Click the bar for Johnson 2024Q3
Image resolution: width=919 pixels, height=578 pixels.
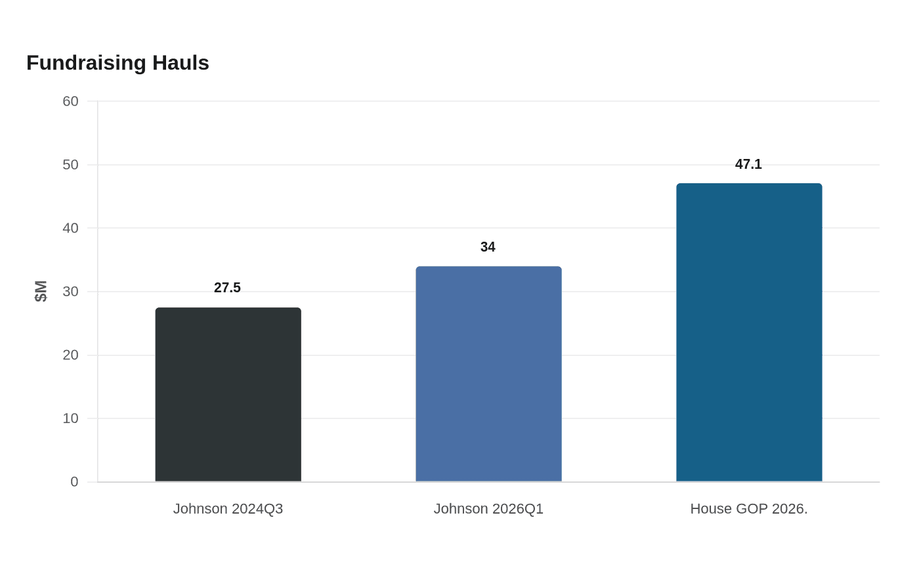coord(228,395)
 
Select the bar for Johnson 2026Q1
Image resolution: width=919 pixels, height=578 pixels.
coord(488,374)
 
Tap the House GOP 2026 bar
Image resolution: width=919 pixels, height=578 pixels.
coord(749,332)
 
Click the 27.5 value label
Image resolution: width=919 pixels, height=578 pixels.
coord(227,288)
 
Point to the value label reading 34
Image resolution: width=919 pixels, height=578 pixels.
coord(488,247)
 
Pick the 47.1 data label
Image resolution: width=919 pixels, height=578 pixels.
coord(748,164)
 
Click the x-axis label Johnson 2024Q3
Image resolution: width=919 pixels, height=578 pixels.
coord(228,508)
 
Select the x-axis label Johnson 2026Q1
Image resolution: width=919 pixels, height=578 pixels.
coord(488,508)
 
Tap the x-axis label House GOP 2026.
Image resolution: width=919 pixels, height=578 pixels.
coord(749,508)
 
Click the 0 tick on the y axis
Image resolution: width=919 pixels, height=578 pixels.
coord(74,481)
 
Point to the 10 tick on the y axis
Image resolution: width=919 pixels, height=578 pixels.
coord(71,418)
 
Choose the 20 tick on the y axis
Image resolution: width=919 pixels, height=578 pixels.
coord(71,355)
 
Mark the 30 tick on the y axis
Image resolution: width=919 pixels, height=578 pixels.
coord(71,292)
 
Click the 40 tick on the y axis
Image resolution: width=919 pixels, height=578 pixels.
coord(71,228)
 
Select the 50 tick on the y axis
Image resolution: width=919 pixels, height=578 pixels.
coord(71,165)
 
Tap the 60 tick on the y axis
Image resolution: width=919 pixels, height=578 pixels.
coord(71,101)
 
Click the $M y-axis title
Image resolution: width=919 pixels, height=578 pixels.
coord(41,292)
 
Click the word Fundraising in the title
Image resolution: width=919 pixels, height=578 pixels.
coord(86,63)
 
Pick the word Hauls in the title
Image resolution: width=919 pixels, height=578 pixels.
coord(181,63)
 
